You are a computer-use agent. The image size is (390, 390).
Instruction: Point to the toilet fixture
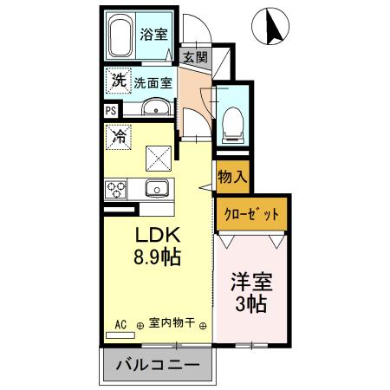[x=232, y=124]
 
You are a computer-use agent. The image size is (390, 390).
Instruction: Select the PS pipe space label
[x=110, y=111]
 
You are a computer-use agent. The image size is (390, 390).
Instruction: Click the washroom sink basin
[x=156, y=109]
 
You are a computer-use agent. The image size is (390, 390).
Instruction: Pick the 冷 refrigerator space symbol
[x=118, y=136]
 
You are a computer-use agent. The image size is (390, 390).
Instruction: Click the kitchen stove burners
[x=117, y=187]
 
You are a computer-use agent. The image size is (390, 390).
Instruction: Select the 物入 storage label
[x=232, y=177]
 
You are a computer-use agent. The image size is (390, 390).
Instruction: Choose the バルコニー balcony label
[x=158, y=366]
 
